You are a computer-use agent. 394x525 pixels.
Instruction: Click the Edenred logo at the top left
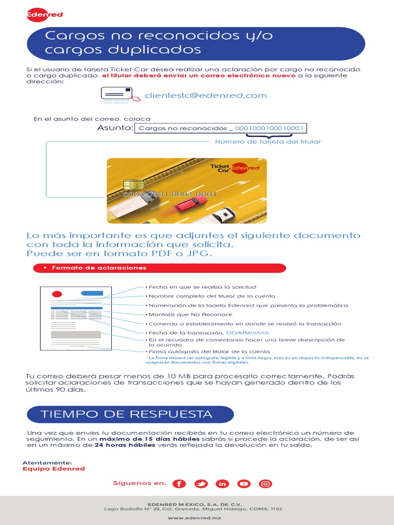click(x=44, y=14)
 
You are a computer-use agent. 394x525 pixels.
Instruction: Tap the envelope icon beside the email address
click(x=116, y=93)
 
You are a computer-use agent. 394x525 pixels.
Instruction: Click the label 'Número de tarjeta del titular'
click(x=268, y=142)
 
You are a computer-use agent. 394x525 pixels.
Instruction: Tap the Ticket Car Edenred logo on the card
click(x=234, y=168)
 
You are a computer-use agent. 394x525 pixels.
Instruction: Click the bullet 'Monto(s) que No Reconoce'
click(x=190, y=314)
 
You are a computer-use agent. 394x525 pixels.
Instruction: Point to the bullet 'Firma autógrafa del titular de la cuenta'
click(x=209, y=351)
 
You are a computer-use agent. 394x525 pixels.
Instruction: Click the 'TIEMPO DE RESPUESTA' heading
click(x=127, y=414)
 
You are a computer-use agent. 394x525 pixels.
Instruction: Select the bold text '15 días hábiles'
click(x=129, y=439)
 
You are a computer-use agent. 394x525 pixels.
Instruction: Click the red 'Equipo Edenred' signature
click(x=53, y=469)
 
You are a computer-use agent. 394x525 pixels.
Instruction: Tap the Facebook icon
click(x=179, y=483)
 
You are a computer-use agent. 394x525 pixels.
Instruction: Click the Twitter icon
click(x=201, y=483)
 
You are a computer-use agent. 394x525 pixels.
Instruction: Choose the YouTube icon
click(x=244, y=483)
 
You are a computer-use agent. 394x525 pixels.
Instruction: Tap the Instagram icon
click(x=265, y=483)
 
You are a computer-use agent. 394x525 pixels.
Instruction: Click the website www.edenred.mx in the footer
click(x=197, y=518)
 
